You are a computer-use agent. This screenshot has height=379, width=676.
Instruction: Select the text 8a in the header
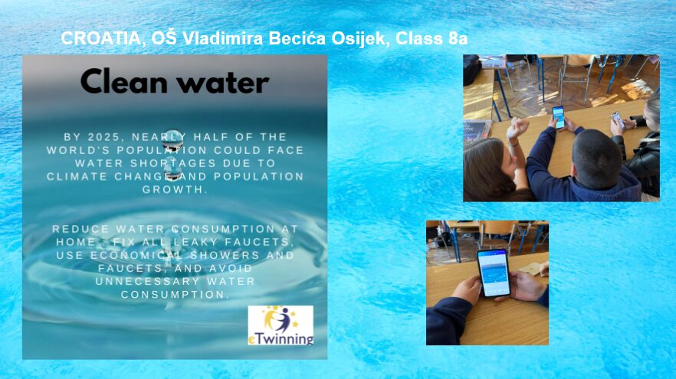pyautogui.click(x=458, y=39)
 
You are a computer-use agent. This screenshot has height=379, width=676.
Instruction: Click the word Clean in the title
pyautogui.click(x=123, y=81)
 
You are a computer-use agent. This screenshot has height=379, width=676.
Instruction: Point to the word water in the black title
pyautogui.click(x=223, y=83)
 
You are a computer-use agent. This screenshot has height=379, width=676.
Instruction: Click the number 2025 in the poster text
pyautogui.click(x=103, y=137)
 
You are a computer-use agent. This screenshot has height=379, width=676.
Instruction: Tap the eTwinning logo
pyautogui.click(x=281, y=325)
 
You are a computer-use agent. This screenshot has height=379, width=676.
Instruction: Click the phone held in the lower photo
pyautogui.click(x=494, y=273)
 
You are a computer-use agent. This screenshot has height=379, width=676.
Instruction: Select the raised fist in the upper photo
pyautogui.click(x=518, y=129)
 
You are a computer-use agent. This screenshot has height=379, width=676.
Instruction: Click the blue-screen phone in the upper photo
pyautogui.click(x=559, y=118)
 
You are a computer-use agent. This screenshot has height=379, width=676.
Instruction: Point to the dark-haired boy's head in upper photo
pyautogui.click(x=596, y=153)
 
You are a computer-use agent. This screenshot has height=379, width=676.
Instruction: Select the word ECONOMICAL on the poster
pyautogui.click(x=136, y=255)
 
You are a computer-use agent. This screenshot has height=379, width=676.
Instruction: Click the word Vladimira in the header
pyautogui.click(x=223, y=39)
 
